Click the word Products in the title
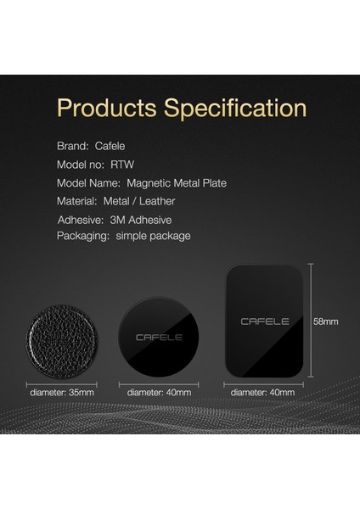click(x=104, y=109)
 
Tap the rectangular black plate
click(x=264, y=322)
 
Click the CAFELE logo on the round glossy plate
click(x=159, y=338)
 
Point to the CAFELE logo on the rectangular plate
click(x=264, y=322)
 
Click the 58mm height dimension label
click(x=327, y=322)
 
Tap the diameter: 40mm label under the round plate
click(x=159, y=392)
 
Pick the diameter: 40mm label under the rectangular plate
click(x=263, y=392)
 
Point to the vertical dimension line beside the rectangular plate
click(x=310, y=322)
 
